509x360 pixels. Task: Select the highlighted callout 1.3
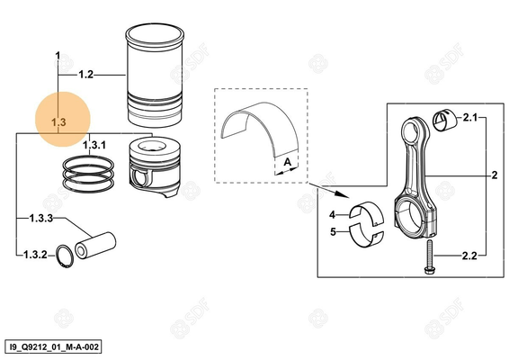[58, 121]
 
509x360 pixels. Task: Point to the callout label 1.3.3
[42, 219]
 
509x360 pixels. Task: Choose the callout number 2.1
[469, 118]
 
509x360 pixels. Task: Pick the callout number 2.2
[469, 256]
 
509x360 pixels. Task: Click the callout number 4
[331, 215]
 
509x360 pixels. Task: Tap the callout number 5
[331, 231]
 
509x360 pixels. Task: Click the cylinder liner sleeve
[156, 76]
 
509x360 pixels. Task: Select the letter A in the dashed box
[285, 162]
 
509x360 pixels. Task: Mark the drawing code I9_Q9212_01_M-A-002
[51, 345]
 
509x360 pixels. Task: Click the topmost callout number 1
[58, 56]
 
